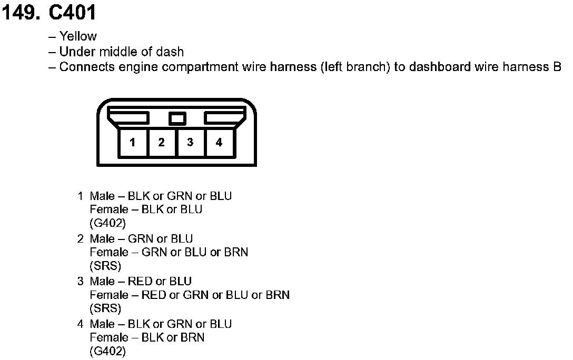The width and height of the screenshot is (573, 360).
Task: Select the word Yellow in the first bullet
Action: click(78, 36)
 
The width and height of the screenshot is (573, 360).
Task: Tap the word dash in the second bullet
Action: click(171, 52)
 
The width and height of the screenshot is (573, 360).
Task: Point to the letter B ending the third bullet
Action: click(557, 67)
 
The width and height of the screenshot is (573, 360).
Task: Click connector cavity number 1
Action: click(133, 142)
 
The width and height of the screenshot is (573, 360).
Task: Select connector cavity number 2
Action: click(162, 142)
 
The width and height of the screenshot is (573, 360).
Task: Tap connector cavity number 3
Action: click(190, 142)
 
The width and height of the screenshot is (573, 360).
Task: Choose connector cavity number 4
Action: click(219, 142)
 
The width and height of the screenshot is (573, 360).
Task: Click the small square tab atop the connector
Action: click(177, 118)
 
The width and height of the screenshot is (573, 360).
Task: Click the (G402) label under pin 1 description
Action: click(108, 223)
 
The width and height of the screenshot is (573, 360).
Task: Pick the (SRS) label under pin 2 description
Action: click(105, 265)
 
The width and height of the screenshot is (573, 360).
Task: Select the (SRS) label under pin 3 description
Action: click(105, 308)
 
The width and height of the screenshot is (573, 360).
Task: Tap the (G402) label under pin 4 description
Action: click(108, 351)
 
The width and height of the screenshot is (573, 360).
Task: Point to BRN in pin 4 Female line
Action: click(192, 337)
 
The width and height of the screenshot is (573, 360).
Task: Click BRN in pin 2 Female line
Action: click(236, 252)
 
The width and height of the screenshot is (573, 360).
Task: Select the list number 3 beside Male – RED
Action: click(81, 281)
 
